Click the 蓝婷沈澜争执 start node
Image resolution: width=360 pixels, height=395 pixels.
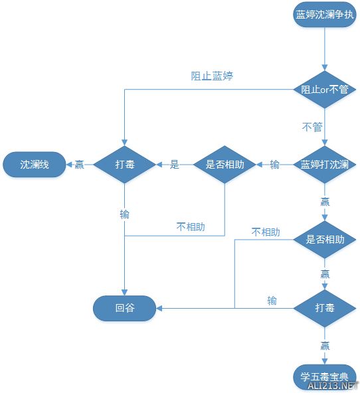(x=325, y=15)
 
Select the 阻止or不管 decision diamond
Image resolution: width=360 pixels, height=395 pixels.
(x=325, y=90)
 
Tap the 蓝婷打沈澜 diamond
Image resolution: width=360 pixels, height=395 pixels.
(x=325, y=165)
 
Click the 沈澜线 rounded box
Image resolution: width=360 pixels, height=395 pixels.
(x=35, y=165)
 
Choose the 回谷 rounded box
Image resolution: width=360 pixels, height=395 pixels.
(x=125, y=307)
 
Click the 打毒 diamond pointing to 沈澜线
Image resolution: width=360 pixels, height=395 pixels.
(x=125, y=165)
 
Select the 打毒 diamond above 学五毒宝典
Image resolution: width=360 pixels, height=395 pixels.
(x=325, y=307)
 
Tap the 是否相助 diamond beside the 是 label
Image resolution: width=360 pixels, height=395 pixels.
(x=225, y=165)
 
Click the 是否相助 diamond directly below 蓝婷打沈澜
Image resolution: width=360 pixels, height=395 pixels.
(x=325, y=240)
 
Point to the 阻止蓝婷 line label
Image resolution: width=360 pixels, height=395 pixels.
(x=212, y=76)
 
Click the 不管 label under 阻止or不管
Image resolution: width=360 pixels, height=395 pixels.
(x=312, y=127)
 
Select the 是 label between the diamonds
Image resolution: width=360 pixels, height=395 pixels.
(x=175, y=165)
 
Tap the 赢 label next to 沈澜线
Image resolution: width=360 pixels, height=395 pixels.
(x=80, y=165)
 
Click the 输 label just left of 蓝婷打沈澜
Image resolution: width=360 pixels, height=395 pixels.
(x=275, y=165)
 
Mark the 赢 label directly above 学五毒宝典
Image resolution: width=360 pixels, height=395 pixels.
(x=325, y=345)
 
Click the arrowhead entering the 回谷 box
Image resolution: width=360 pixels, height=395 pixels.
(x=160, y=307)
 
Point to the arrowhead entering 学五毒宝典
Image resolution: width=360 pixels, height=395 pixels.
(x=325, y=362)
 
